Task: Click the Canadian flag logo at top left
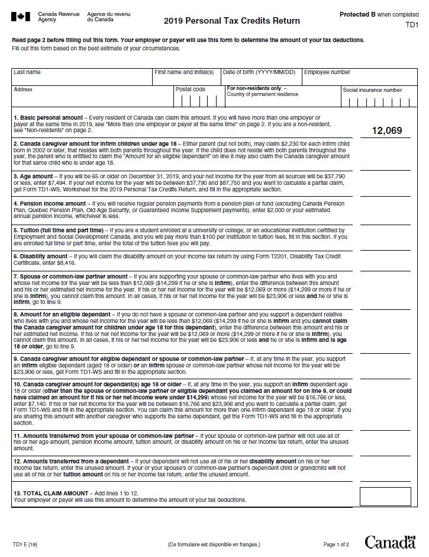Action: [21, 17]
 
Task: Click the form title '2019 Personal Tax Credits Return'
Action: [232, 21]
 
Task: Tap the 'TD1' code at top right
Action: [412, 25]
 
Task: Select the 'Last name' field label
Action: [27, 72]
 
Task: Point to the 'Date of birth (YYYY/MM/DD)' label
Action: [259, 72]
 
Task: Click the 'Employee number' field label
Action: [327, 72]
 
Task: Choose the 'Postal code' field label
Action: [191, 89]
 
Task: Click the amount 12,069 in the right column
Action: [387, 130]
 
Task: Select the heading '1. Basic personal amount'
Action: [49, 118]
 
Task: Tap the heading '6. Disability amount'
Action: [41, 257]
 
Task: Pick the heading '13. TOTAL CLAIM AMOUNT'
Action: [50, 493]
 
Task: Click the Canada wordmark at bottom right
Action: [390, 542]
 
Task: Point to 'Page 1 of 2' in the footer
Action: [336, 544]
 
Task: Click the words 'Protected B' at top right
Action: [357, 14]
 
